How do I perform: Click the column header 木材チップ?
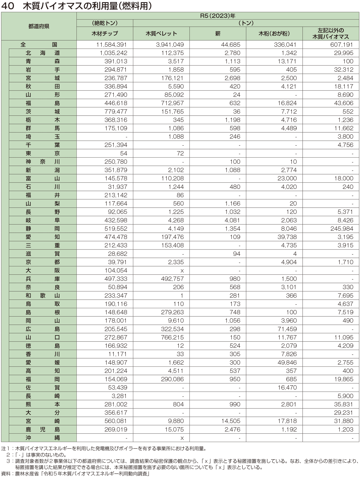105,33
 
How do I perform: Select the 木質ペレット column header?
161,33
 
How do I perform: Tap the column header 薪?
218,33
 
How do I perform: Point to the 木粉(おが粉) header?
274,33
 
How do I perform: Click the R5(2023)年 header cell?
218,16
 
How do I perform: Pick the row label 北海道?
43,53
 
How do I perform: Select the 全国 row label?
39,44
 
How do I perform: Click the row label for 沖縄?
43,438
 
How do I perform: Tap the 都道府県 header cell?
39,26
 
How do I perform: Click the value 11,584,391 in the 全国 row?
111,44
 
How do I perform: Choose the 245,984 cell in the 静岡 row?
342,228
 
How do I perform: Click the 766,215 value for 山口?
172,337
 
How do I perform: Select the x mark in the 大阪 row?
182,270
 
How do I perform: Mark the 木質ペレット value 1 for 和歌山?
182,296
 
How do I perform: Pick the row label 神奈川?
43,162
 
